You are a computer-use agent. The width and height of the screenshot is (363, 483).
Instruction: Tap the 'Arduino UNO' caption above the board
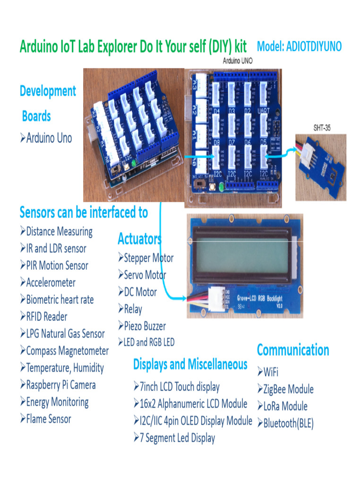(x=237, y=61)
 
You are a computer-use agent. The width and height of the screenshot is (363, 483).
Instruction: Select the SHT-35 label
(x=322, y=128)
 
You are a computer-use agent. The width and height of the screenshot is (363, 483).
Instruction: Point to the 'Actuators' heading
(x=139, y=239)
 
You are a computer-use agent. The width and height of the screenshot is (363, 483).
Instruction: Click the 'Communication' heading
(x=293, y=350)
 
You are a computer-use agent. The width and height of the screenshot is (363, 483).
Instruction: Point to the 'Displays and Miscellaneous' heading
(x=190, y=364)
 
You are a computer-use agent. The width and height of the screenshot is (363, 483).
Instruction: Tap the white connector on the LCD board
(x=218, y=298)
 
